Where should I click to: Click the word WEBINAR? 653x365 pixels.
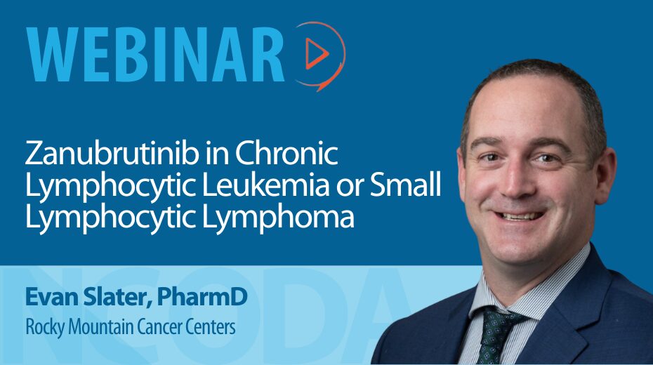[x=155, y=55]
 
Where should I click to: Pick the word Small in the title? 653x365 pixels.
[x=405, y=185]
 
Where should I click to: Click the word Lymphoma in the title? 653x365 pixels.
[x=278, y=218]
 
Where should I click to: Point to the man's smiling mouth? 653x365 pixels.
[x=518, y=215]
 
